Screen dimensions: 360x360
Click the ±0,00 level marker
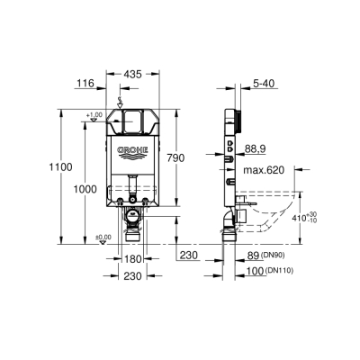pyautogui.click(x=78, y=237)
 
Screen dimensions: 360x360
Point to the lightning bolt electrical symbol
pyautogui.click(x=121, y=100)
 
